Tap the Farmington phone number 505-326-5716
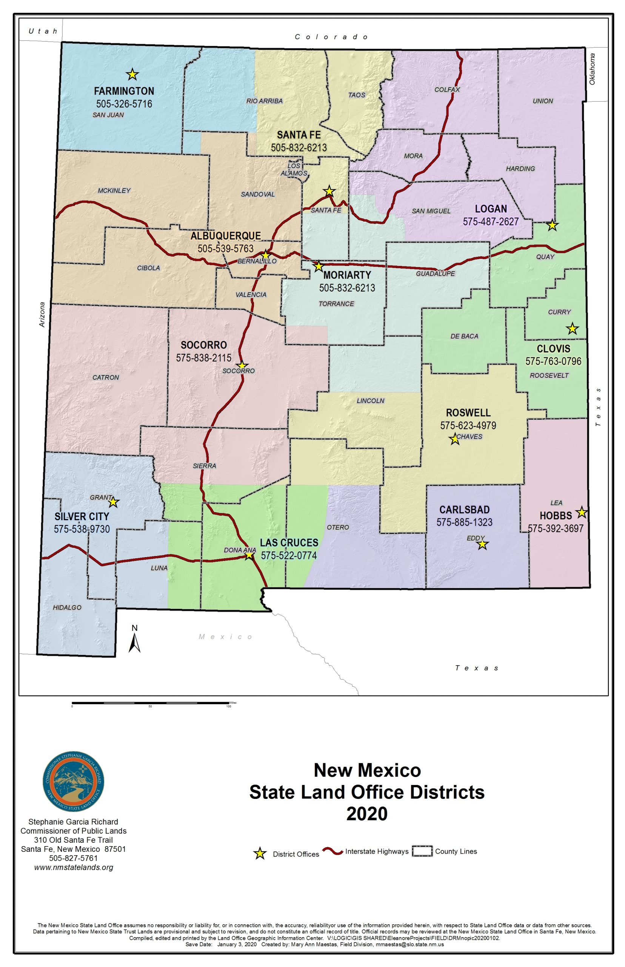(124, 104)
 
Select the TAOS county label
(357, 95)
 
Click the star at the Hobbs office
(582, 512)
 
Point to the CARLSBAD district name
(464, 510)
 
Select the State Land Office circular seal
(74, 782)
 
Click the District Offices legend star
(260, 853)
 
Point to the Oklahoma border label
(592, 69)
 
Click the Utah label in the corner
(43, 31)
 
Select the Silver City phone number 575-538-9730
(82, 529)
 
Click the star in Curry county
(572, 329)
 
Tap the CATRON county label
(106, 377)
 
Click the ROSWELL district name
(468, 412)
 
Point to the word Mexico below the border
(226, 636)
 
